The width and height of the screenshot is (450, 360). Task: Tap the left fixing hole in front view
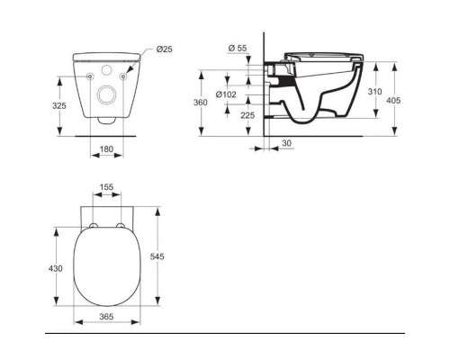92,77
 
